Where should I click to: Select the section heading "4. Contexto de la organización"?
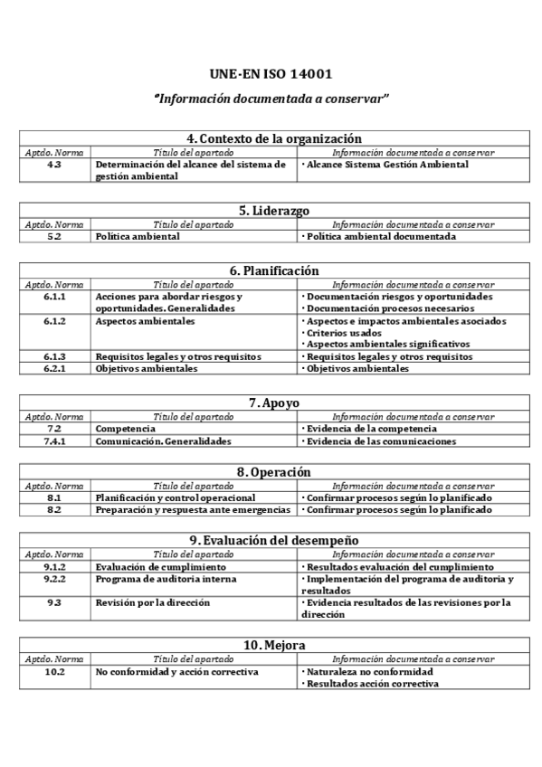[x=274, y=138]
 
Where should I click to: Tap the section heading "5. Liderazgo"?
[x=274, y=211]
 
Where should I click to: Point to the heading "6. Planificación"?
[x=274, y=270]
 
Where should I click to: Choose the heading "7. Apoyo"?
[x=274, y=402]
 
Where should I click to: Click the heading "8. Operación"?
[x=274, y=472]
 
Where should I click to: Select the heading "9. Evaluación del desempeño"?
[x=274, y=540]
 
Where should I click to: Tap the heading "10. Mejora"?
[x=274, y=645]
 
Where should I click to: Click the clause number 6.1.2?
[x=54, y=321]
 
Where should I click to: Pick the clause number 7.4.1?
[x=54, y=441]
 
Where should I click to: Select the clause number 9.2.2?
[x=54, y=579]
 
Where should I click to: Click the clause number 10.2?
[x=54, y=672]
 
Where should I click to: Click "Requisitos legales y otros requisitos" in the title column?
[x=177, y=356]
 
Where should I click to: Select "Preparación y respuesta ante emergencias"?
[x=193, y=510]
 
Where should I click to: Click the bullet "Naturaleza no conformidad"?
[x=369, y=672]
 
